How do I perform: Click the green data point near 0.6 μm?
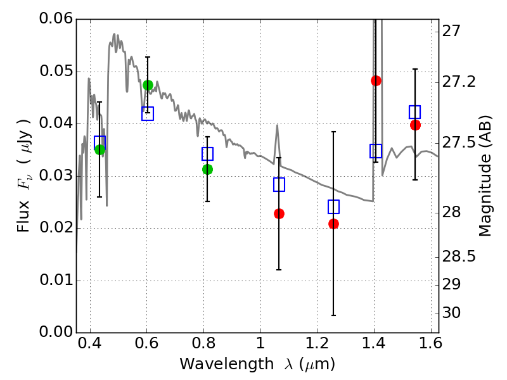click(x=148, y=85)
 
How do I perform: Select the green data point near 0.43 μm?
click(x=99, y=149)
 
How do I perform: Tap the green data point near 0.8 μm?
click(x=207, y=169)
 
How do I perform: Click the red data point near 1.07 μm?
click(x=279, y=213)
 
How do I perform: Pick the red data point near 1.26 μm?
click(x=333, y=224)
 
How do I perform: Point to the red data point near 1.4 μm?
click(x=376, y=80)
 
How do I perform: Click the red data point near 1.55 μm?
click(x=415, y=125)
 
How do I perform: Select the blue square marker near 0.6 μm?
click(x=148, y=114)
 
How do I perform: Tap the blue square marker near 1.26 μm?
click(x=334, y=206)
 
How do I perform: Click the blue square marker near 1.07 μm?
click(x=279, y=184)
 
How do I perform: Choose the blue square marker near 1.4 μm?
click(x=376, y=151)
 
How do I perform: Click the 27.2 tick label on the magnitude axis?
click(x=460, y=82)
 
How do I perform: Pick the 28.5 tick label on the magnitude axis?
click(x=460, y=257)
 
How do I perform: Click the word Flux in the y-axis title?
click(x=23, y=199)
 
